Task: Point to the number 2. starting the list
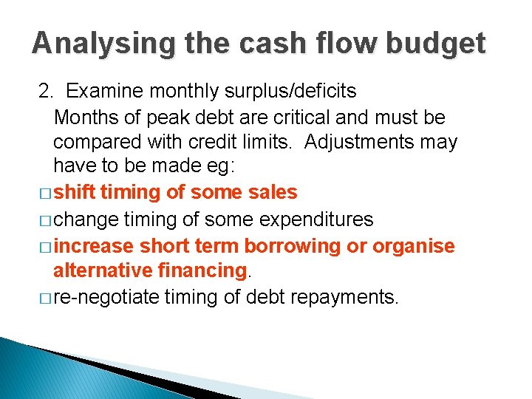(x=47, y=92)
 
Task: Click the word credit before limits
(x=231, y=142)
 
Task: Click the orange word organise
(x=414, y=245)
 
